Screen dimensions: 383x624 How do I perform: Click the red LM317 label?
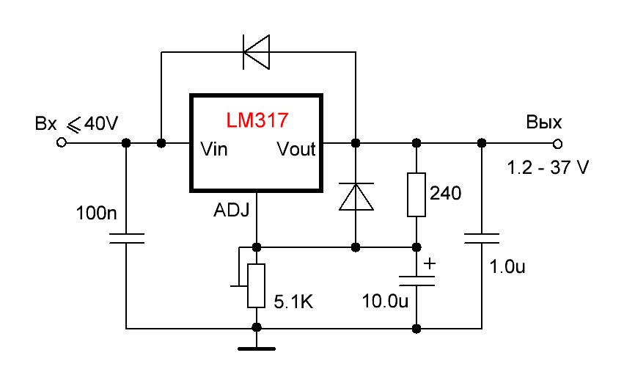click(x=257, y=119)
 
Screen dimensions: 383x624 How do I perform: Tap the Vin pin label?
click(x=214, y=150)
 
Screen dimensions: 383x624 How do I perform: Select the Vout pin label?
click(x=296, y=150)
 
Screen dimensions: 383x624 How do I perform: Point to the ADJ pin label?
click(x=232, y=211)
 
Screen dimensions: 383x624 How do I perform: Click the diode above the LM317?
click(x=257, y=52)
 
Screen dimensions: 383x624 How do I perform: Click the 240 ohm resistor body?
click(x=416, y=194)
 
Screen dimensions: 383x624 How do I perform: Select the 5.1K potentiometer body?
click(x=257, y=286)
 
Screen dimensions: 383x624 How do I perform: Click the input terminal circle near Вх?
click(x=62, y=142)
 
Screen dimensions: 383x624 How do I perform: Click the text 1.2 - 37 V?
click(x=548, y=168)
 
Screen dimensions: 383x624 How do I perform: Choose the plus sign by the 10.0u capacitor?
click(x=430, y=262)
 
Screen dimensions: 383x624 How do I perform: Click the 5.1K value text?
click(x=293, y=302)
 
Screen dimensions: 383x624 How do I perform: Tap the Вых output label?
click(x=544, y=122)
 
